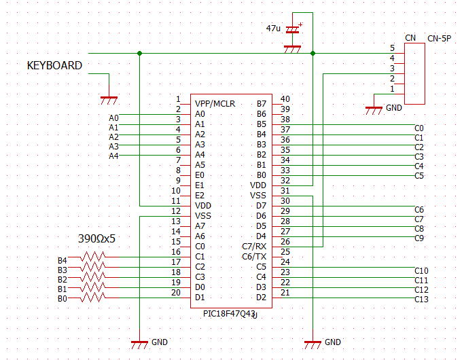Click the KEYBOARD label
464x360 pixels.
(x=54, y=65)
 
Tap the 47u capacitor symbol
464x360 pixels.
(x=292, y=30)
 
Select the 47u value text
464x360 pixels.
(x=273, y=29)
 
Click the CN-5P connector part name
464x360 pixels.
(x=439, y=39)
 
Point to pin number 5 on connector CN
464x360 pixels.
(x=392, y=48)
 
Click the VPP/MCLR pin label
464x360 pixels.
(x=215, y=104)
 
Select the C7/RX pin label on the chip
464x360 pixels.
(x=254, y=247)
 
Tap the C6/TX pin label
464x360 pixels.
(x=254, y=257)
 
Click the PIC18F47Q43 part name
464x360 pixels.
(x=229, y=314)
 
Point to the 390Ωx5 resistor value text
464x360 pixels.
(x=96, y=238)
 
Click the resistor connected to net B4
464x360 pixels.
(x=93, y=257)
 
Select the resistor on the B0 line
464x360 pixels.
(x=93, y=298)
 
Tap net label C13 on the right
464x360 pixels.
(x=421, y=300)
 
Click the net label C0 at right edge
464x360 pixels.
(x=419, y=128)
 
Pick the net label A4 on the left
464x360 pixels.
(x=113, y=156)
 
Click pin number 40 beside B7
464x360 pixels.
(x=285, y=98)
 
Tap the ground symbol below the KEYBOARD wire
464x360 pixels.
(x=109, y=101)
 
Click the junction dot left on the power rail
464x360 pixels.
(x=140, y=53)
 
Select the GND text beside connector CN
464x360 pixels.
(x=394, y=108)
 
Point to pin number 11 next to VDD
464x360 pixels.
(x=176, y=201)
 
